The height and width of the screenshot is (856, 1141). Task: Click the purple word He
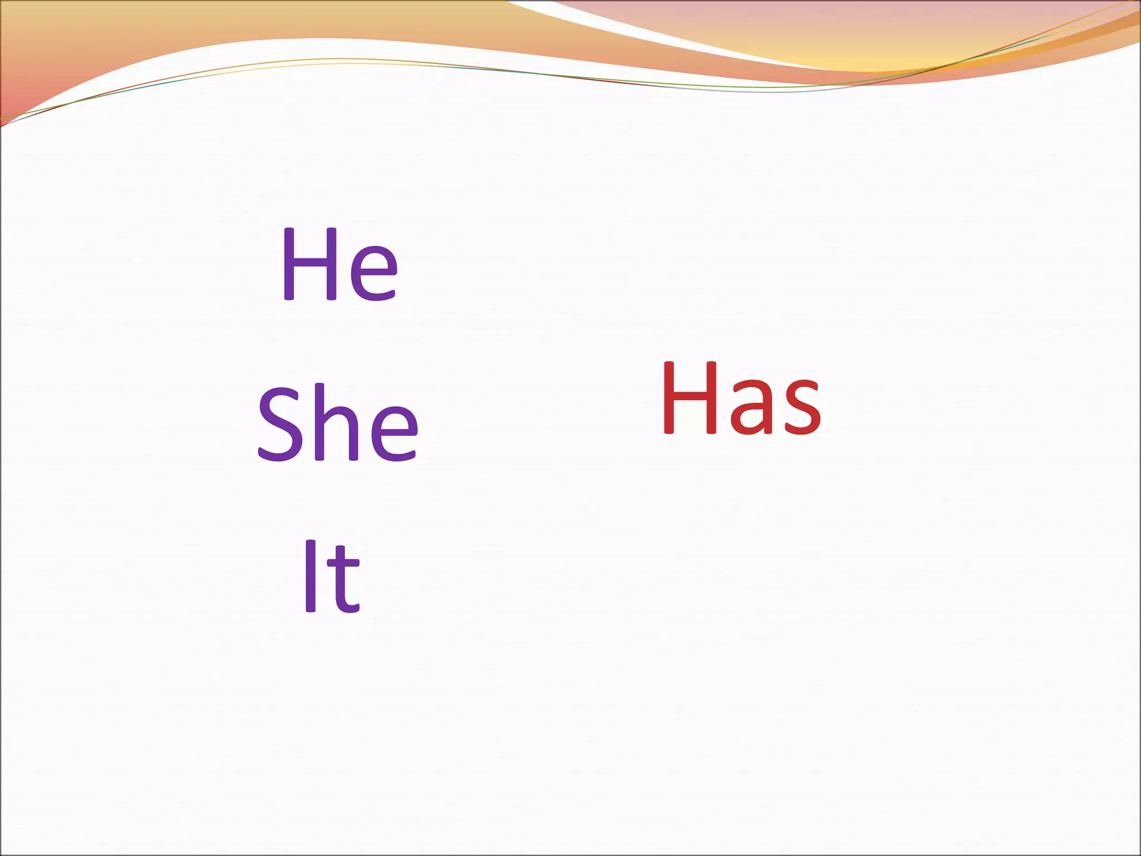click(340, 265)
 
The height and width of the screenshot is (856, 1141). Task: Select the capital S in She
click(282, 424)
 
